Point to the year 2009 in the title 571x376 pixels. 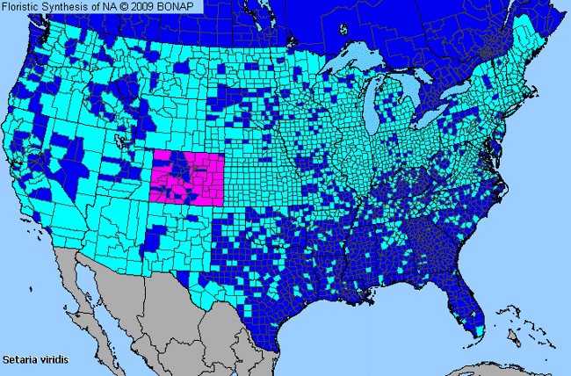[148, 7]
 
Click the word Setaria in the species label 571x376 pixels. [18, 359]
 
